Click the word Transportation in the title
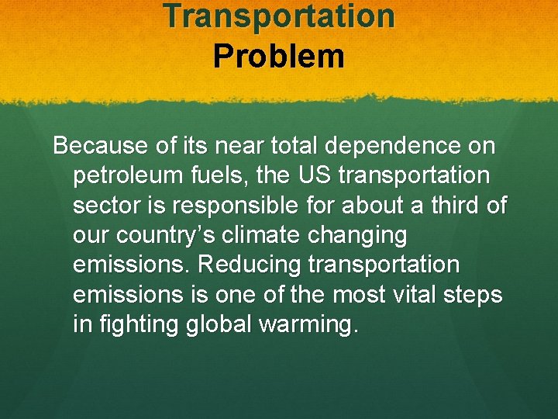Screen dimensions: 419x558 (x=279, y=16)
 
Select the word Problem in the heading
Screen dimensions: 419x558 (x=279, y=57)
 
